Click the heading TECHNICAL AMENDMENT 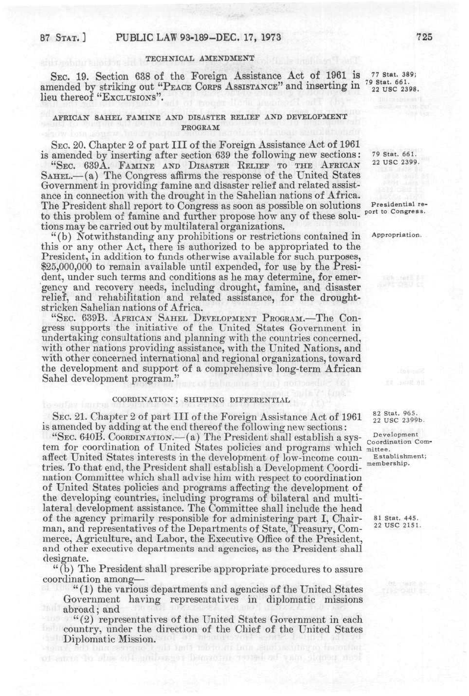point(200,58)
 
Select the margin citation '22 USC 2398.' point(394,89)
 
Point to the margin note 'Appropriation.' point(397,235)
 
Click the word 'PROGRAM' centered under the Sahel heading point(199,126)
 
